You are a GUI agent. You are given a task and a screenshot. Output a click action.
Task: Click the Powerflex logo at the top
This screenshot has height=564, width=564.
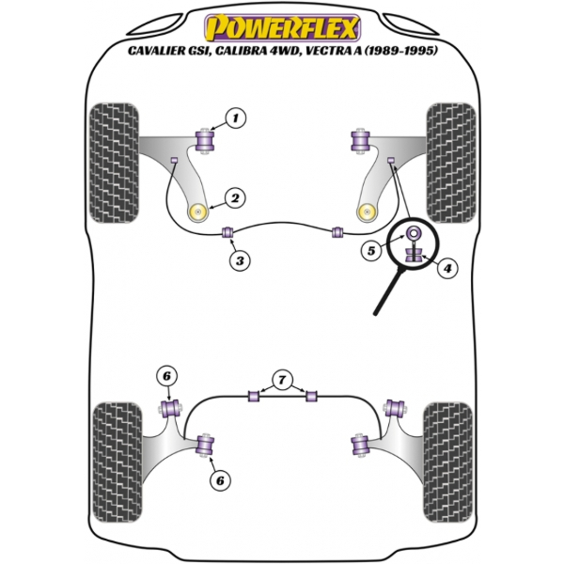click(282, 22)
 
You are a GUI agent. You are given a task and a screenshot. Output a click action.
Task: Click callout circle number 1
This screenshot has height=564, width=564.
click(235, 118)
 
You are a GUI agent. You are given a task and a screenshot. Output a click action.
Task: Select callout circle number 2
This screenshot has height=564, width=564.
click(234, 197)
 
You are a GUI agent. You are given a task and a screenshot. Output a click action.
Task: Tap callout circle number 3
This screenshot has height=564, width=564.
click(240, 260)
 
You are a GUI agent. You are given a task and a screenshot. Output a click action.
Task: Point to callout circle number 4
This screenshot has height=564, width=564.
click(446, 269)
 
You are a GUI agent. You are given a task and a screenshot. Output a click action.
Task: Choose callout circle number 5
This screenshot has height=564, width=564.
click(371, 251)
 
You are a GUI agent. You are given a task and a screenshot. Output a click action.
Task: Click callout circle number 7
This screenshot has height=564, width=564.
click(280, 380)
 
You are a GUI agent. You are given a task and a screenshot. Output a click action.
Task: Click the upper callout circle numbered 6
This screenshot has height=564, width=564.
click(166, 377)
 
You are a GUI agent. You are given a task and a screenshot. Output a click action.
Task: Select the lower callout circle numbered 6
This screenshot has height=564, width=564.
click(220, 480)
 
